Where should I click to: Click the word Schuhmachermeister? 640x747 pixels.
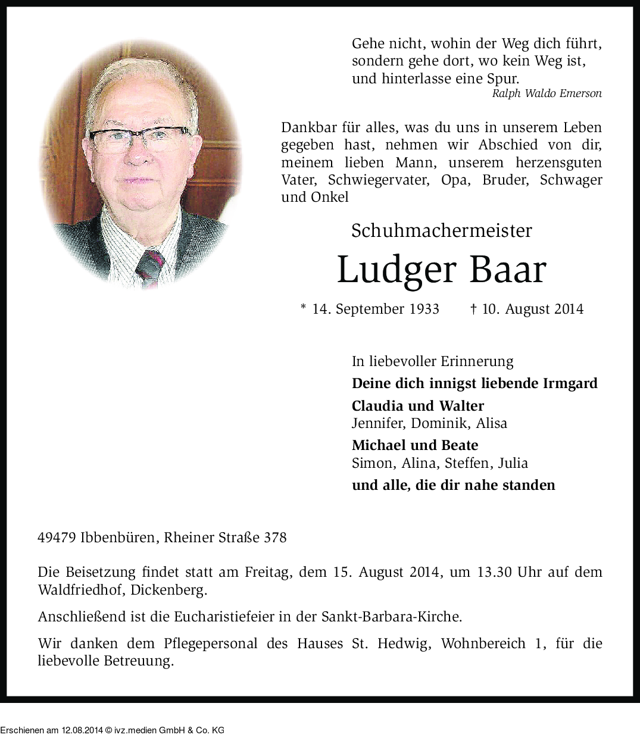(x=441, y=231)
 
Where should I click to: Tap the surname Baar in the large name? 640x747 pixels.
(x=507, y=270)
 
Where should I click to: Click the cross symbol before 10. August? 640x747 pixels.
(x=473, y=309)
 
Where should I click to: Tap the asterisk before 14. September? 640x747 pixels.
(x=304, y=308)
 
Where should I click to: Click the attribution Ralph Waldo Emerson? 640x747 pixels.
(x=547, y=93)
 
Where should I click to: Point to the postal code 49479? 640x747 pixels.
(x=56, y=537)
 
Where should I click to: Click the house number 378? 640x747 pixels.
(x=275, y=537)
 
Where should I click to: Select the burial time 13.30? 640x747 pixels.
(x=494, y=572)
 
